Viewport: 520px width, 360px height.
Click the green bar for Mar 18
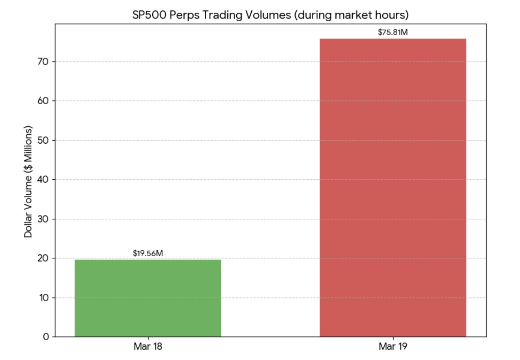click(x=148, y=298)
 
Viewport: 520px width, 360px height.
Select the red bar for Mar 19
click(x=393, y=187)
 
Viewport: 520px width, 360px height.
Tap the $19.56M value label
click(x=148, y=253)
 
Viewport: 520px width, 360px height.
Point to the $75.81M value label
click(x=393, y=32)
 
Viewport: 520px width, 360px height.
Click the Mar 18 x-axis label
click(x=148, y=347)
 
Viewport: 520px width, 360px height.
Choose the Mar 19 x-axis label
click(x=393, y=347)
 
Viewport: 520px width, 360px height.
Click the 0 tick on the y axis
click(x=46, y=337)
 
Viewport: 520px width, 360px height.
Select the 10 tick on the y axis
click(x=44, y=298)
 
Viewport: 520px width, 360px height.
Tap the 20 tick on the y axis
click(x=44, y=258)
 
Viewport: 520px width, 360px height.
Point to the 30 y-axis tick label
click(x=44, y=219)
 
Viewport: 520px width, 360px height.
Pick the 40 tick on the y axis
click(x=44, y=180)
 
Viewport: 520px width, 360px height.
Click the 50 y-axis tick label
click(x=44, y=141)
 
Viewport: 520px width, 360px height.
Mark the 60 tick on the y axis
click(x=44, y=101)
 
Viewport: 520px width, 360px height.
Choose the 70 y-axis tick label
click(x=44, y=62)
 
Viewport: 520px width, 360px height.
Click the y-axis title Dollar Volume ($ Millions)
click(x=28, y=182)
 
